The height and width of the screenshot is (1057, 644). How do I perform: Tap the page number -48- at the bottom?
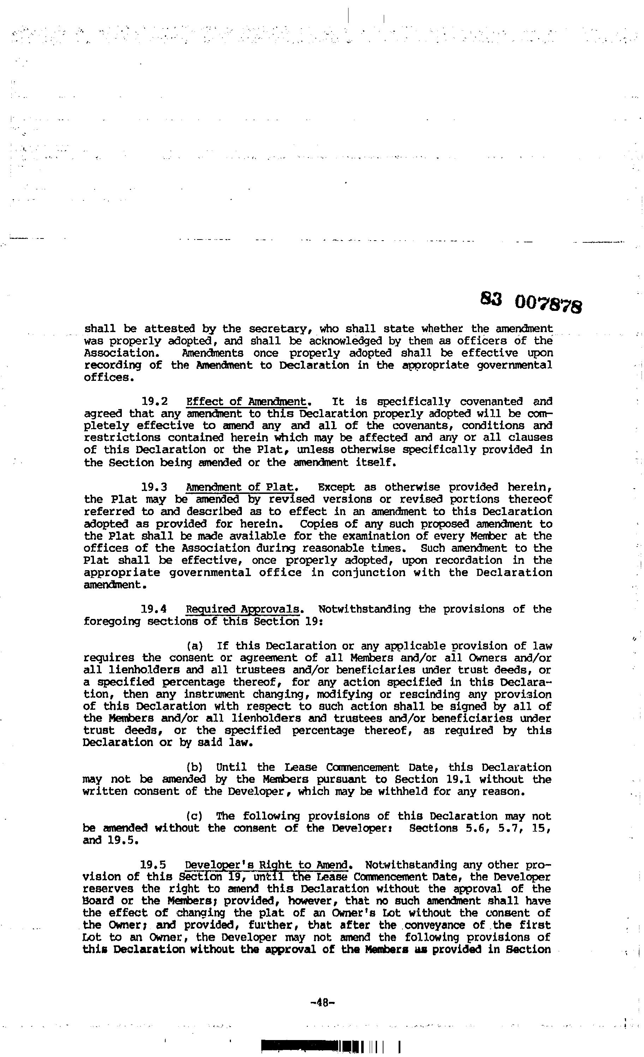coord(322,1003)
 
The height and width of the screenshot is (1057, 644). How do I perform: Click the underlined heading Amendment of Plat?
coord(240,487)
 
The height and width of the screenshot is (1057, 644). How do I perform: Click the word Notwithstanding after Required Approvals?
coord(364,609)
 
